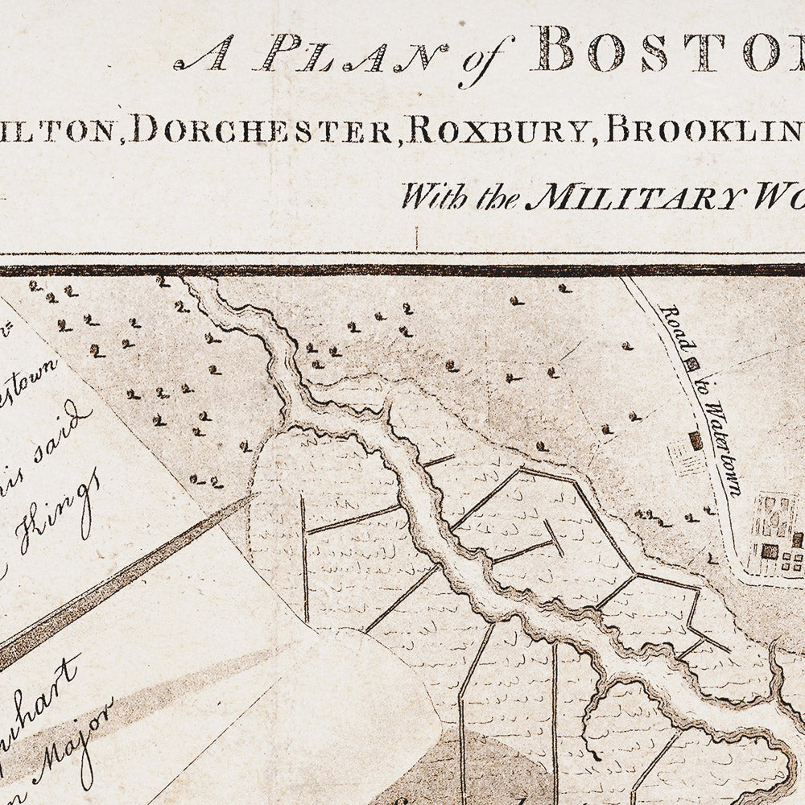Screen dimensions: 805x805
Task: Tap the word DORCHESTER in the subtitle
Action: click(x=262, y=129)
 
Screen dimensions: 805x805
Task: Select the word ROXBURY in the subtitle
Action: click(x=499, y=129)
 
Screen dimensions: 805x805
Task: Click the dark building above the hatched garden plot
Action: click(x=696, y=440)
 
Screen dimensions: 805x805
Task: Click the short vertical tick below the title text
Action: click(x=417, y=239)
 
